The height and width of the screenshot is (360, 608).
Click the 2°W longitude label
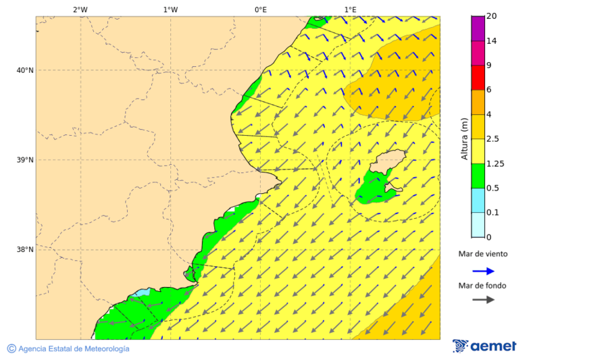coord(80,9)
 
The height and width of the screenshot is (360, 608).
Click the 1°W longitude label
coord(170,9)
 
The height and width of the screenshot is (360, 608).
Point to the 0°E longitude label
coord(260,9)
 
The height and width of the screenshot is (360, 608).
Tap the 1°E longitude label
coord(350,9)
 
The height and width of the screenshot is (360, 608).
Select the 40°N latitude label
coord(25,70)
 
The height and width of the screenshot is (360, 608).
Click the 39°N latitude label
coord(25,160)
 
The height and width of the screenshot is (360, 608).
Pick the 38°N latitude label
coord(25,250)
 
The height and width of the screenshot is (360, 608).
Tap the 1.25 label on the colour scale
coord(496,163)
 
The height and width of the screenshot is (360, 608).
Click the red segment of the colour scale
coord(478,77)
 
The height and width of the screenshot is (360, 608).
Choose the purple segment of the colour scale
coord(478,28)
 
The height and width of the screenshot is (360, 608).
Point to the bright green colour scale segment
coord(478,176)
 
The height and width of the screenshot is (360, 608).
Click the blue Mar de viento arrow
coord(482,271)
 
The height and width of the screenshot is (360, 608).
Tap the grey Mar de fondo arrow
coord(482,299)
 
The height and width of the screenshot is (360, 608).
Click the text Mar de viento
coord(482,255)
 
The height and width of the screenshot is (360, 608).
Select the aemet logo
coord(484,346)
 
